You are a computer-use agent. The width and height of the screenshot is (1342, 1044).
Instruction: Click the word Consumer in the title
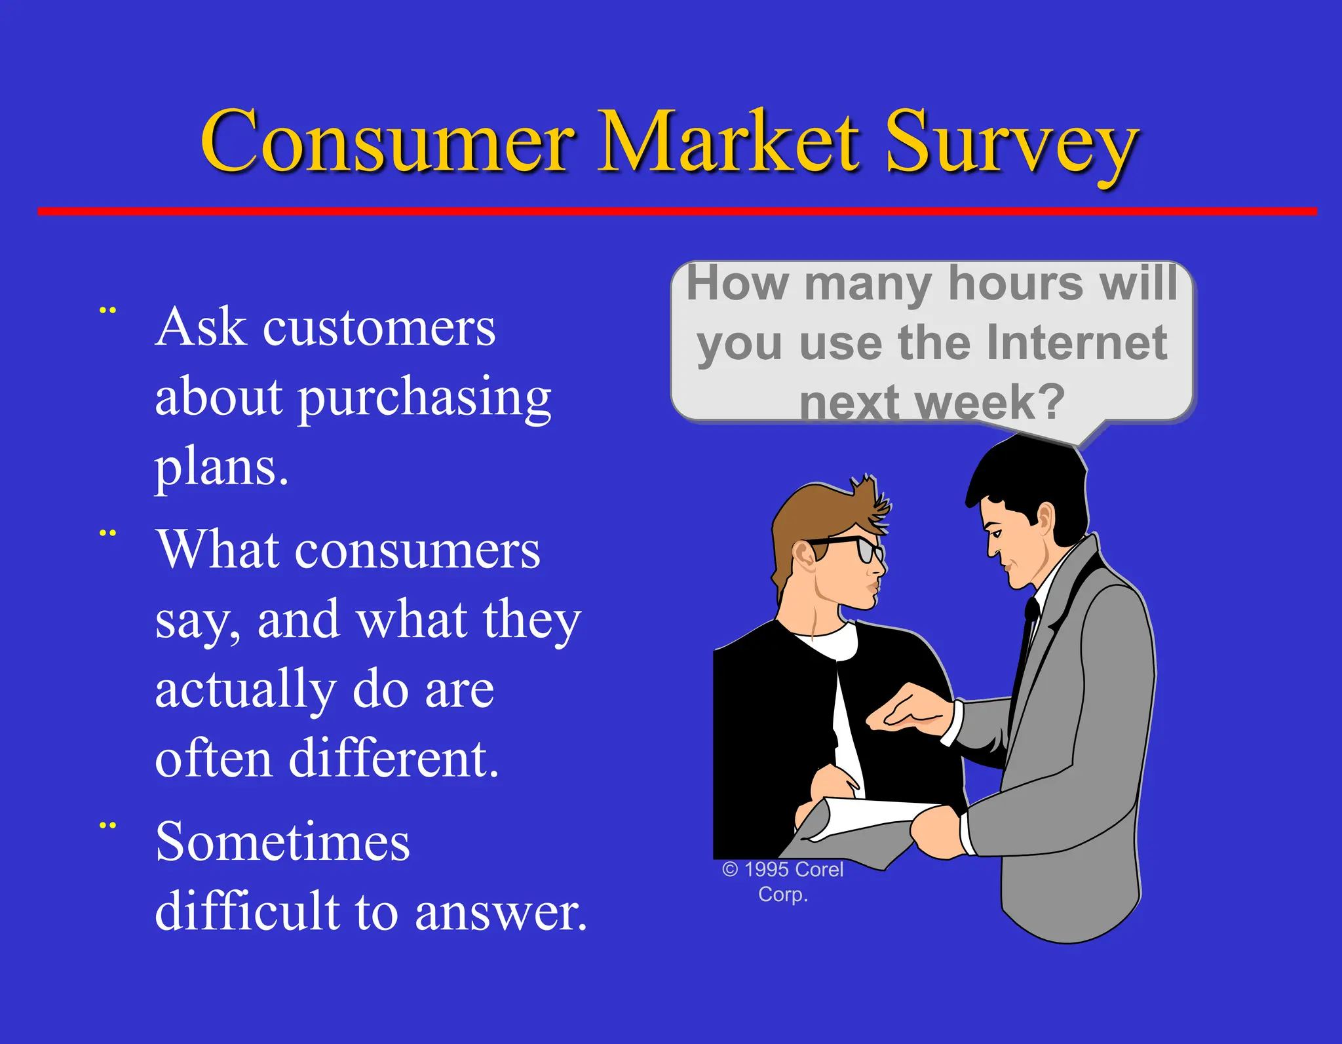click(387, 143)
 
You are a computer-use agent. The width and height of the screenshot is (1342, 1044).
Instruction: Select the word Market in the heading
click(727, 143)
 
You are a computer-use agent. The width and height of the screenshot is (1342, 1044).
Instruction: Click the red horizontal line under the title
click(675, 211)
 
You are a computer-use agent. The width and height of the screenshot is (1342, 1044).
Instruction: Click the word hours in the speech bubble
click(1016, 284)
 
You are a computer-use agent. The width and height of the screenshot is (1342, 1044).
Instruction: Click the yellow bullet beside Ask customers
click(107, 311)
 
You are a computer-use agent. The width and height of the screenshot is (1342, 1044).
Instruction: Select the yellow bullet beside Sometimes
click(107, 826)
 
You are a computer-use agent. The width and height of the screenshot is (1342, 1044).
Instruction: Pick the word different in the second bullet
click(393, 759)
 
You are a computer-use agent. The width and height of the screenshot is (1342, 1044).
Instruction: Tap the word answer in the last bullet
click(501, 912)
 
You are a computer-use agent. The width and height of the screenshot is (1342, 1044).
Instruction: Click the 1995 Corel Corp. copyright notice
click(783, 881)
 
